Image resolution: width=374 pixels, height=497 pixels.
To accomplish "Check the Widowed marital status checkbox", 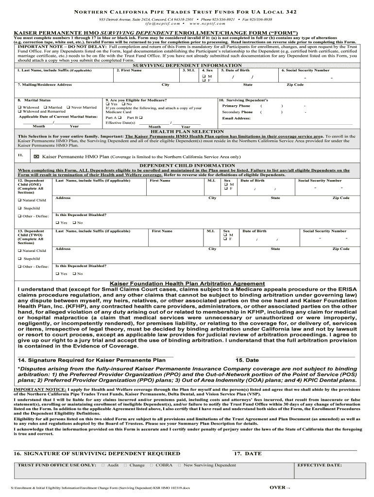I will (19, 107).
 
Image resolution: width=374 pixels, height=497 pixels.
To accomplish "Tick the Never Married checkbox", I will (68, 107).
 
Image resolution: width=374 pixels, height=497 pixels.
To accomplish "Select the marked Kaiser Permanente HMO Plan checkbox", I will (36, 157).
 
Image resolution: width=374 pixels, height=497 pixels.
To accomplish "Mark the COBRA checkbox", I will (151, 465).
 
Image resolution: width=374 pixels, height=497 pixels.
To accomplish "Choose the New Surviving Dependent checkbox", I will (179, 465).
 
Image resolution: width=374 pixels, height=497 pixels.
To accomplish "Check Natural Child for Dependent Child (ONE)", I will (19, 200).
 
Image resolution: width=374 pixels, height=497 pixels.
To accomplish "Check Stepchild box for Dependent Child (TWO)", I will (19, 259).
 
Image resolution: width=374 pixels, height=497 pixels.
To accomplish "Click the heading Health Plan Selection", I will (187, 132).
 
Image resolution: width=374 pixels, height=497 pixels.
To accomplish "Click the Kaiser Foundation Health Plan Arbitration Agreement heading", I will (187, 283).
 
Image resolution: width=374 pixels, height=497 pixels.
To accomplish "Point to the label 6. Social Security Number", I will (305, 70).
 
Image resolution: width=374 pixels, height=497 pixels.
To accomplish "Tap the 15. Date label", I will (247, 360).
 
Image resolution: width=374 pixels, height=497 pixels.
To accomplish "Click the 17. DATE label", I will (248, 453).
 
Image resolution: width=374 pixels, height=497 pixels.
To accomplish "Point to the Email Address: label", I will (236, 118).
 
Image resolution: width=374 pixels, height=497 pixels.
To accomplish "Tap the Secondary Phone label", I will (237, 112).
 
